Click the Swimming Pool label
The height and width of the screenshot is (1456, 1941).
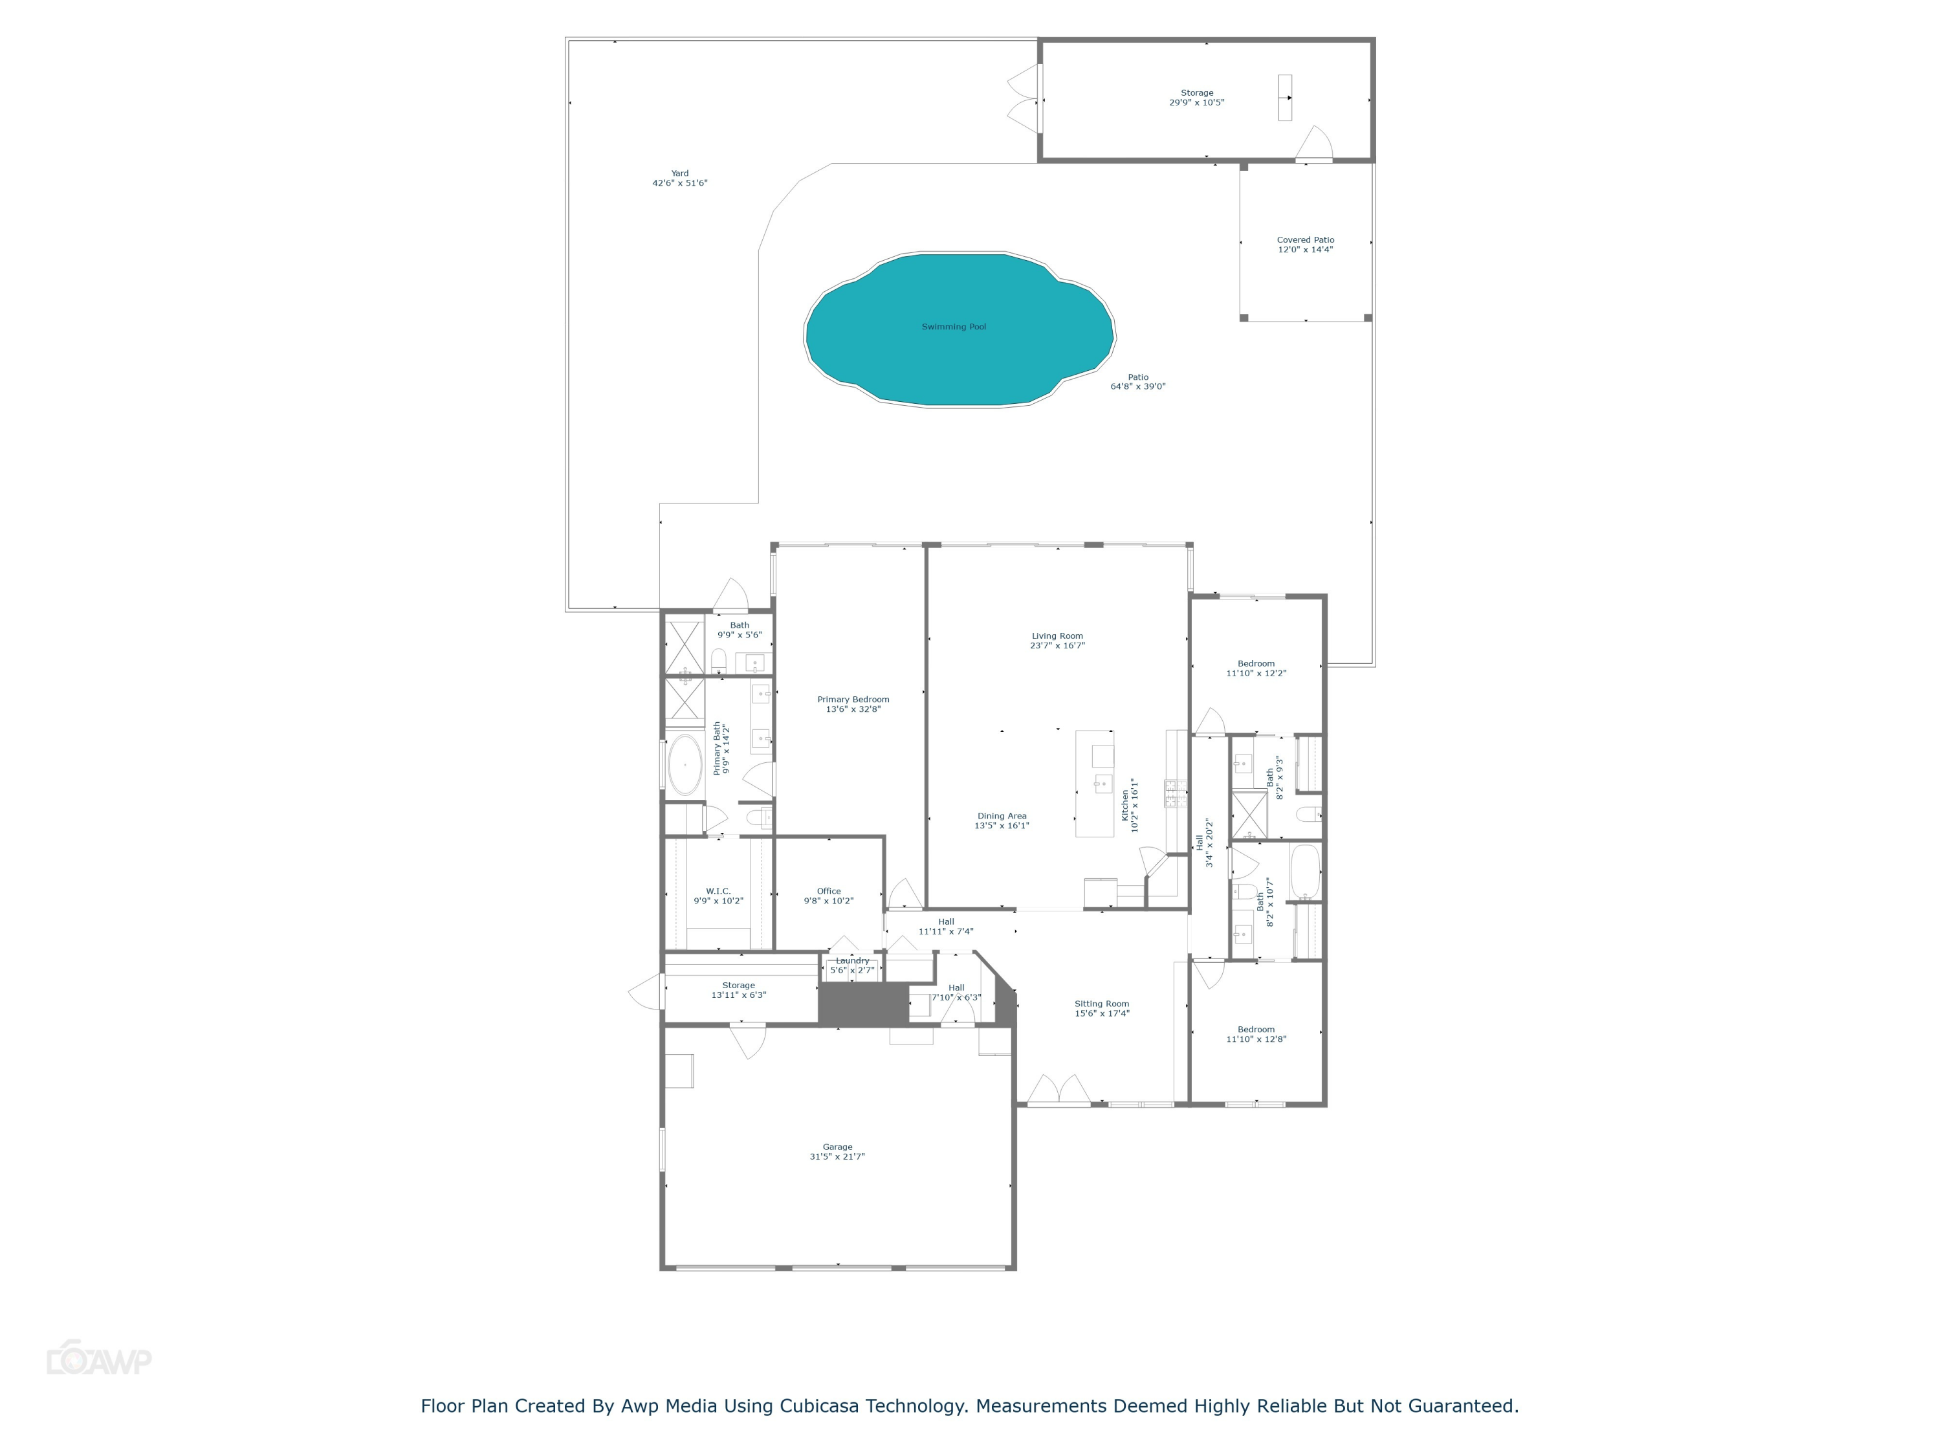953,327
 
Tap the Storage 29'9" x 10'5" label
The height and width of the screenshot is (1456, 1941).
1196,98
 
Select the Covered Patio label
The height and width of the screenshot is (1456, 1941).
1305,245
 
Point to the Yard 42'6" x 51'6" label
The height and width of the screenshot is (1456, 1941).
679,178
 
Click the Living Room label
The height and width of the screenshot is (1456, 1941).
1057,641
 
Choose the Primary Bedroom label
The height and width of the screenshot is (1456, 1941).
853,704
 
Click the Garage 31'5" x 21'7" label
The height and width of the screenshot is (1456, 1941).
837,1151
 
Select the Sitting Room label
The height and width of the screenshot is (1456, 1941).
1101,1008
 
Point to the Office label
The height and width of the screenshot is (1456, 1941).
828,895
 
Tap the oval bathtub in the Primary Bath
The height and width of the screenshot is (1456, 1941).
685,766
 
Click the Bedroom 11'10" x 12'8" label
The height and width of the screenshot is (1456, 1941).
1256,1034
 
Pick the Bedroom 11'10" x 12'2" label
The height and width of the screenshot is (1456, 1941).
1256,668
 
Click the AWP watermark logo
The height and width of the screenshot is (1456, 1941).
99,1360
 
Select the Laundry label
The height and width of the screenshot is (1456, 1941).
852,965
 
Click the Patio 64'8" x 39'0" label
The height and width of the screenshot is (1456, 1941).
1137,382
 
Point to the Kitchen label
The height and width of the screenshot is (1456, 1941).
1129,805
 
